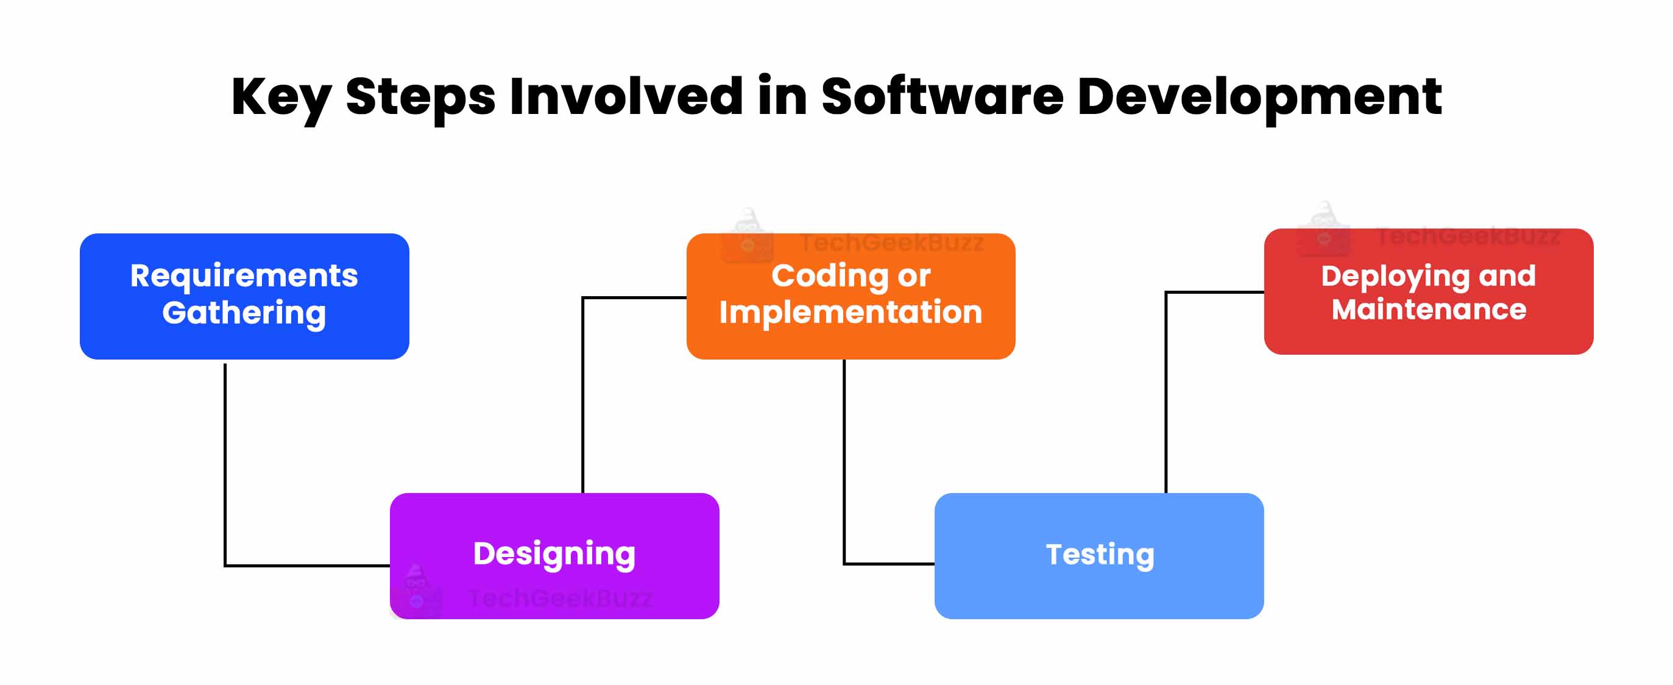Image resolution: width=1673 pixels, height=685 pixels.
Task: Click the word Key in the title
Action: click(x=281, y=98)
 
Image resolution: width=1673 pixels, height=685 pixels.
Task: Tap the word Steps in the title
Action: click(x=420, y=98)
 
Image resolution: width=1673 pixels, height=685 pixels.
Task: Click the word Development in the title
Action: click(x=1259, y=98)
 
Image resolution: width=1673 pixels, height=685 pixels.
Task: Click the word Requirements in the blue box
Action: click(x=244, y=275)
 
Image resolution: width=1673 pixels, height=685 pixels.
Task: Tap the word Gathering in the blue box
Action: click(x=244, y=313)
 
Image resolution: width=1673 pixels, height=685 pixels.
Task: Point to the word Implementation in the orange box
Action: click(x=851, y=312)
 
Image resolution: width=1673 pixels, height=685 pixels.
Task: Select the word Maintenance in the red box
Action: click(x=1429, y=310)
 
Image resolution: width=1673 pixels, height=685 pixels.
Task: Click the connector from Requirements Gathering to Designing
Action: click(x=225, y=468)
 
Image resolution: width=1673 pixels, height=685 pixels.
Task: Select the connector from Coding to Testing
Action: click(x=844, y=461)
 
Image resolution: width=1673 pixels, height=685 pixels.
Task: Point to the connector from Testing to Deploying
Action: click(x=1167, y=390)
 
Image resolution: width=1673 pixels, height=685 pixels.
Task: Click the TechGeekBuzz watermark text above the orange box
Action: click(x=893, y=243)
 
